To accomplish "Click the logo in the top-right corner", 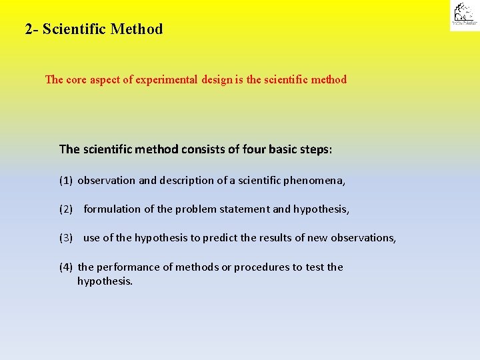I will (x=463, y=15).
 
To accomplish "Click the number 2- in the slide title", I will (x=31, y=29).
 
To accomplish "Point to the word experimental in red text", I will (x=167, y=80).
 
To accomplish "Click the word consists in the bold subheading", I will (x=203, y=149).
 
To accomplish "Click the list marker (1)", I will (x=66, y=181).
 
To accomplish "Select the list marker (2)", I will (x=66, y=209).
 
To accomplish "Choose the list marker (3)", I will (x=66, y=238).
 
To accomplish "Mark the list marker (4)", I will (x=66, y=267).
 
